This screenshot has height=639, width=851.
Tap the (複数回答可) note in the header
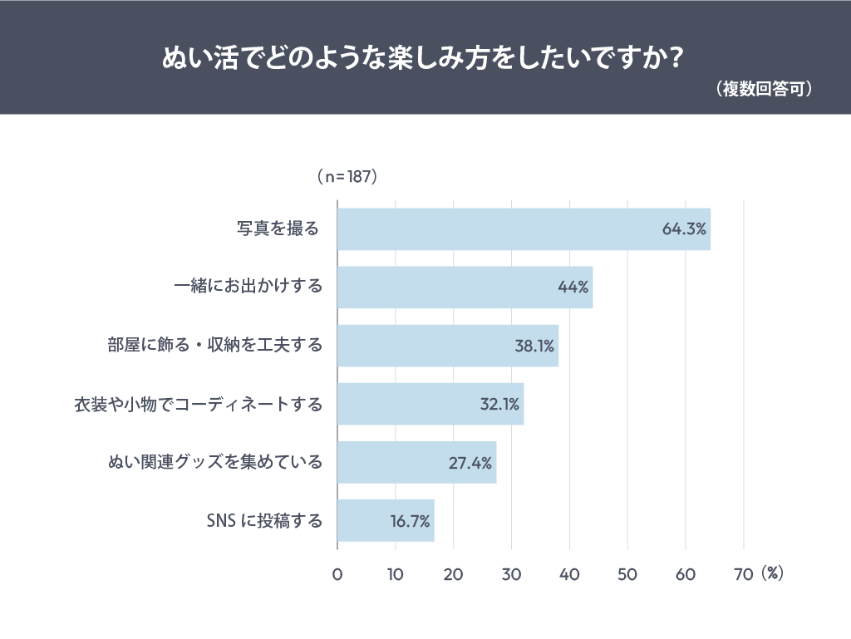click(x=764, y=90)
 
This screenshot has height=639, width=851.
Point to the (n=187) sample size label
click(x=347, y=177)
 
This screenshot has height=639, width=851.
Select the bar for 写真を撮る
click(x=524, y=229)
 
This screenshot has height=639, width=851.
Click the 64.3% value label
click(x=684, y=229)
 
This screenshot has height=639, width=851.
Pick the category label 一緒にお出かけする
click(x=248, y=288)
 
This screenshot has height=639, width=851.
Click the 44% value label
click(x=573, y=288)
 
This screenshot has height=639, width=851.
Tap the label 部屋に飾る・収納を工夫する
click(x=214, y=346)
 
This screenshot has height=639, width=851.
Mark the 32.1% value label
click(x=499, y=404)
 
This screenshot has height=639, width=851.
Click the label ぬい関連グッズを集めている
click(x=215, y=462)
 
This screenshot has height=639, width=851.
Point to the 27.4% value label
click(x=470, y=462)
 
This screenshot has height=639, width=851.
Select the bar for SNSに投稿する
click(x=386, y=520)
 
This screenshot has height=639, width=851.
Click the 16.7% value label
click(x=410, y=521)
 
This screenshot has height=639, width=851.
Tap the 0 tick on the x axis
click(x=337, y=574)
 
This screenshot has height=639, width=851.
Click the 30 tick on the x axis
click(x=511, y=574)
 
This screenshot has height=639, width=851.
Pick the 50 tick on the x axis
click(x=627, y=574)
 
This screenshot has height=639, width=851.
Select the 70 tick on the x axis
click(x=743, y=574)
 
